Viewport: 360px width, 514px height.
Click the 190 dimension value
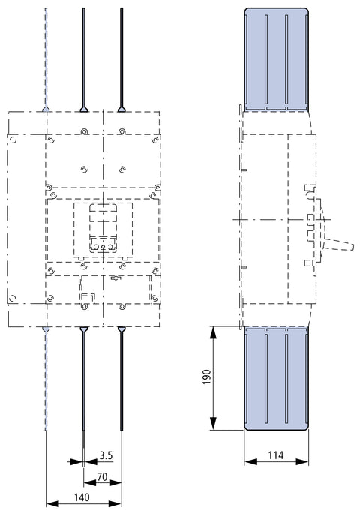[207, 377]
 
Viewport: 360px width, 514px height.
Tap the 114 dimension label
[276, 455]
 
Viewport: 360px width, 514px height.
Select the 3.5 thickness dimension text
[106, 455]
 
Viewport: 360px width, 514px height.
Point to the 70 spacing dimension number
[102, 477]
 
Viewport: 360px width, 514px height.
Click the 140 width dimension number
[82, 497]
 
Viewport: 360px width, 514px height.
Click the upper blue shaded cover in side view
[277, 59]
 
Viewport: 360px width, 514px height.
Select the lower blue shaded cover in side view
[277, 379]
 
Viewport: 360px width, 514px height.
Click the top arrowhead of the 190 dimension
[213, 333]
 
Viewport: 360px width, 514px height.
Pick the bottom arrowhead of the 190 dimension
[213, 423]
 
